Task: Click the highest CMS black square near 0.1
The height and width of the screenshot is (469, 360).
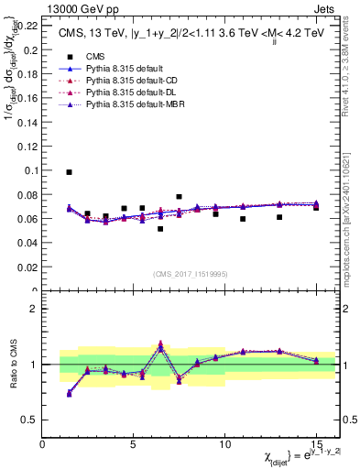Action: click(x=69, y=172)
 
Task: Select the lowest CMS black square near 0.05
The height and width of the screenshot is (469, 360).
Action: click(x=160, y=229)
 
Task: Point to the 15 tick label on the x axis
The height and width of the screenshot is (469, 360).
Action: click(x=315, y=442)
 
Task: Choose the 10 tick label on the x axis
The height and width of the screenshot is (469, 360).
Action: click(x=224, y=442)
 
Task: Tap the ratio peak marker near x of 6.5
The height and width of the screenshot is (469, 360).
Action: click(x=160, y=345)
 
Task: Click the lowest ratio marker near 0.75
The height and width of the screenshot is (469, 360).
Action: click(x=69, y=393)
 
